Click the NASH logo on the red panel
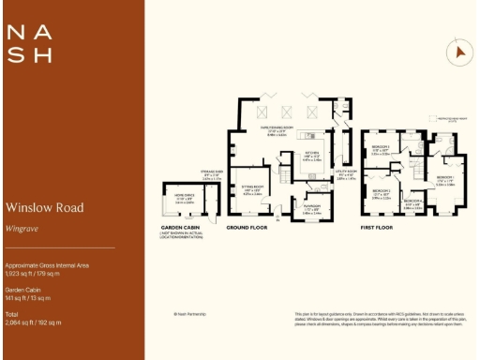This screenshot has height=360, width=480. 29,43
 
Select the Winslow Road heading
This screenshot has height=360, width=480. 44,207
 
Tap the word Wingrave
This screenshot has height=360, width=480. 22,227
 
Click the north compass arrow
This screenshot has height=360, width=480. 459,53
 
